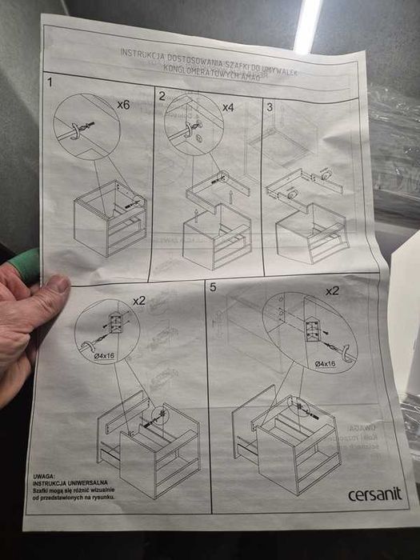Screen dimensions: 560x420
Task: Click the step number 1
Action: [50, 82]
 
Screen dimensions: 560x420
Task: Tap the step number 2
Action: [162, 96]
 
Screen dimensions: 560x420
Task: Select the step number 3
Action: [270, 106]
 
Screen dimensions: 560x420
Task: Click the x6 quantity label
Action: [123, 105]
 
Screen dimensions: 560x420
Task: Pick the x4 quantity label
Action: [227, 106]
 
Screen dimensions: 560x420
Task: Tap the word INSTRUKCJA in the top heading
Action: [142, 54]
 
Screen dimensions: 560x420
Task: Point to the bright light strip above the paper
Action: [308, 24]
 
